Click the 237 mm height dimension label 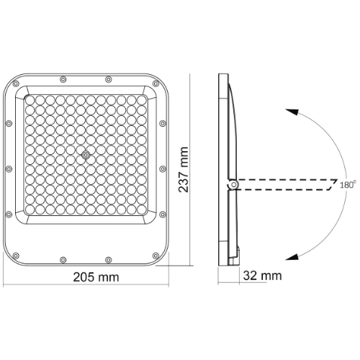[186, 170]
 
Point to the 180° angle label [348, 185]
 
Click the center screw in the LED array [86, 155]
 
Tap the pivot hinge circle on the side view [233, 186]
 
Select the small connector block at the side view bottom [238, 251]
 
